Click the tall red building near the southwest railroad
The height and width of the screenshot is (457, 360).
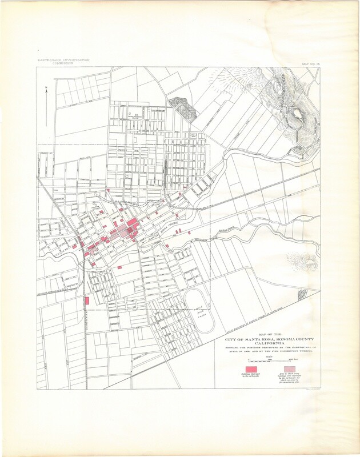point(87,300)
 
